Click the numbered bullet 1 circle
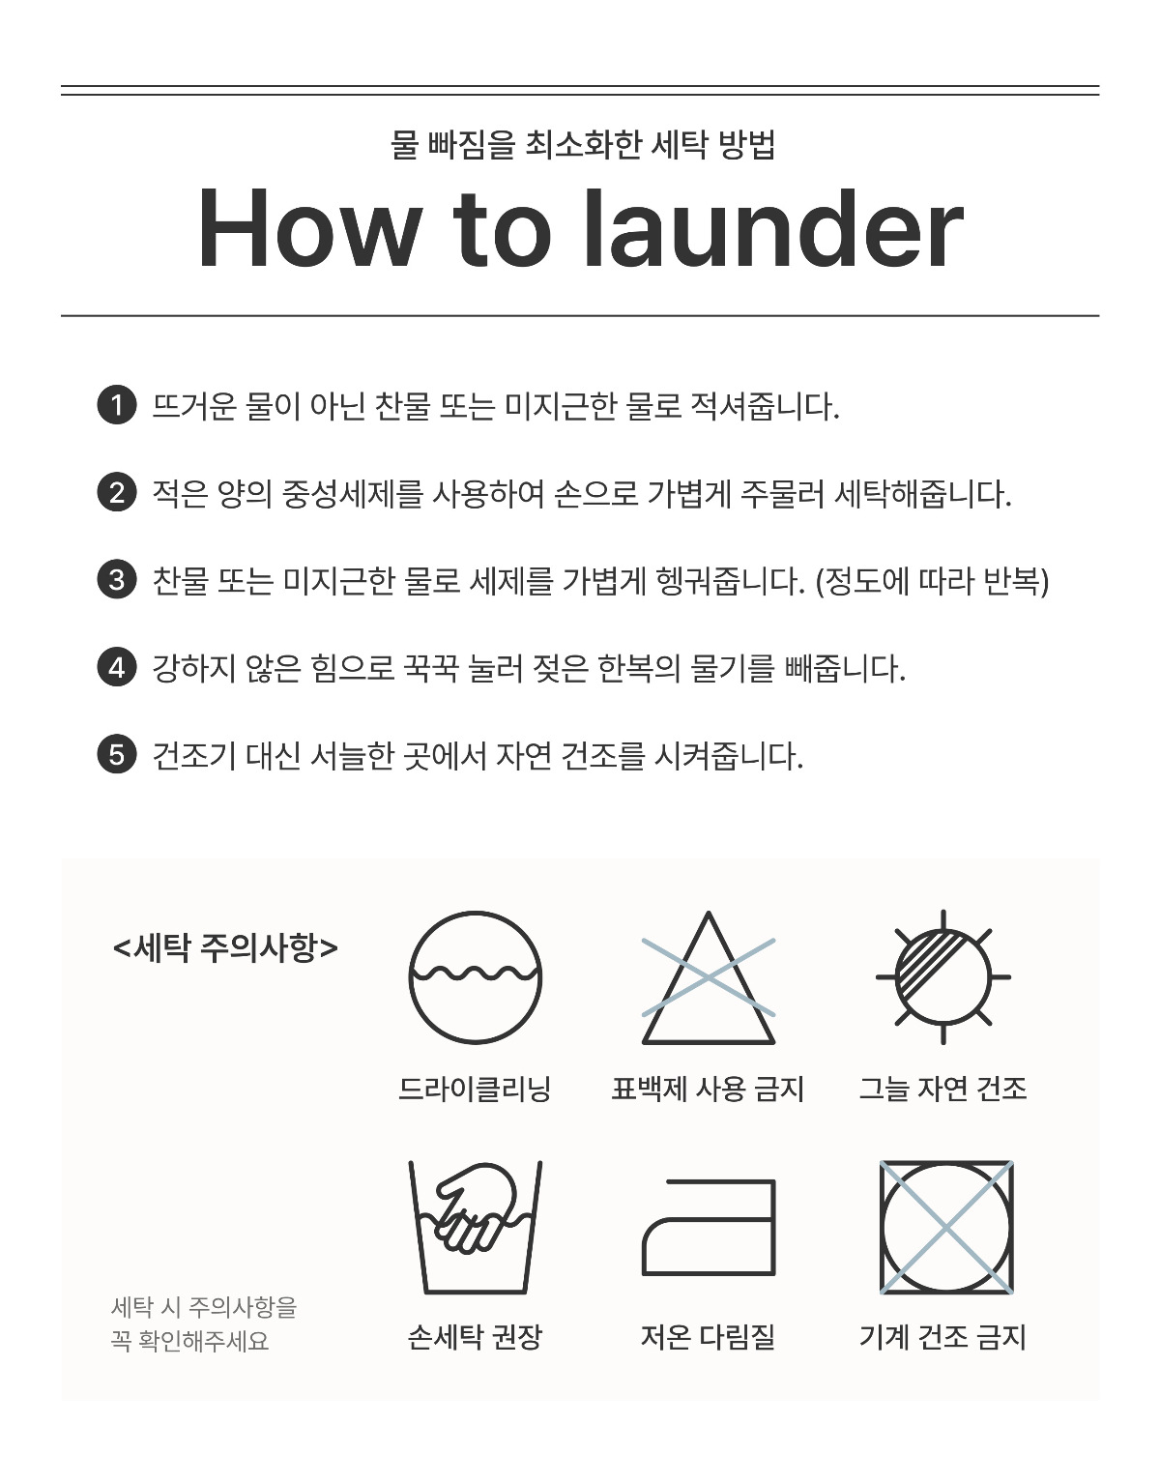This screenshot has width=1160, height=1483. (117, 405)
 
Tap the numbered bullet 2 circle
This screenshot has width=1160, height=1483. (117, 492)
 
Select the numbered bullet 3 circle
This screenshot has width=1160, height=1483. (117, 579)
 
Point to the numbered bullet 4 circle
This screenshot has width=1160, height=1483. (117, 667)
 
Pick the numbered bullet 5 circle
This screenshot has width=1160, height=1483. (117, 755)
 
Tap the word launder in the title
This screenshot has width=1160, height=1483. (773, 229)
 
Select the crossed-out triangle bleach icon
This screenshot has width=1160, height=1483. (709, 977)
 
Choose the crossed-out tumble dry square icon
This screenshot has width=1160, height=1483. (946, 1227)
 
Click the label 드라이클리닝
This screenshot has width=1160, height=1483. (475, 1089)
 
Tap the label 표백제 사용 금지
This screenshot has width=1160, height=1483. (709, 1089)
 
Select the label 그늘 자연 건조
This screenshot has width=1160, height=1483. (943, 1089)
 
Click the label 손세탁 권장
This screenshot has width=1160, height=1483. (475, 1337)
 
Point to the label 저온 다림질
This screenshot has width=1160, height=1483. (709, 1337)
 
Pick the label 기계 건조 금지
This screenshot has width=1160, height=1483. (943, 1337)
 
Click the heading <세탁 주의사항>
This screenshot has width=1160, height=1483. (225, 947)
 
